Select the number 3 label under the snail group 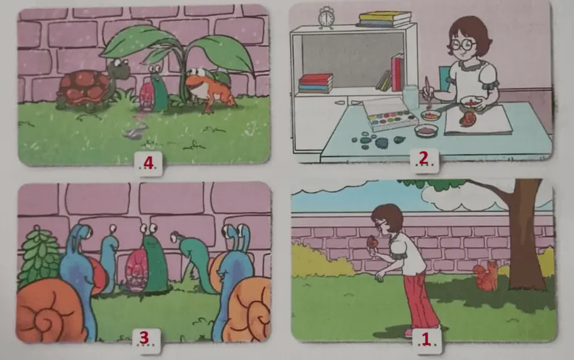(x=144, y=338)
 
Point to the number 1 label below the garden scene (x=425, y=340)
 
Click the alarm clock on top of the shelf (x=326, y=18)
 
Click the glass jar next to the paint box (x=410, y=98)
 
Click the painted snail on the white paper (x=468, y=120)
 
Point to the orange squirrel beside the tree (x=485, y=276)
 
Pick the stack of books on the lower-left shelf (x=315, y=82)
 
